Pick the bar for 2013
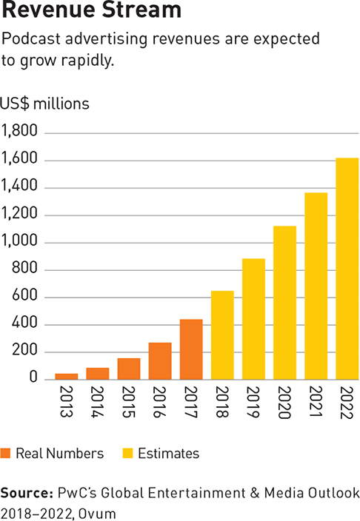66,376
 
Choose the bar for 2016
159,361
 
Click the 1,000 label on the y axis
19,243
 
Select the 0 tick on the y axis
32,378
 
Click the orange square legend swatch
7,453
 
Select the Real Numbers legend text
59,453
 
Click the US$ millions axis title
45,104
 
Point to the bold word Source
24,492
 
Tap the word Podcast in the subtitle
28,38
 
